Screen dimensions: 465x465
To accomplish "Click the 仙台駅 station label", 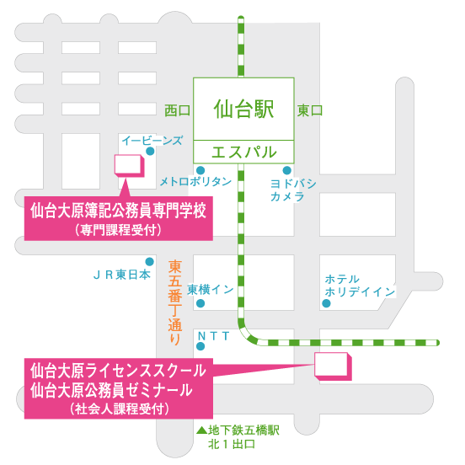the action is (243, 109).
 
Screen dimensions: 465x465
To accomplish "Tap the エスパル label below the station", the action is (243, 152).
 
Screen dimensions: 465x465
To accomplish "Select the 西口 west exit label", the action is (178, 110).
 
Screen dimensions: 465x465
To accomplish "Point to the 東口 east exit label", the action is (310, 110).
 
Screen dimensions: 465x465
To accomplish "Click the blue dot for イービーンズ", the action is (150, 152).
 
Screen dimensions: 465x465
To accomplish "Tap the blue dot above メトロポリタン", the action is (200, 170).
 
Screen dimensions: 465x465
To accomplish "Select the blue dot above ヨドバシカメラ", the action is (286, 170).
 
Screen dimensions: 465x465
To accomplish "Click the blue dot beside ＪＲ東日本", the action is (149, 261).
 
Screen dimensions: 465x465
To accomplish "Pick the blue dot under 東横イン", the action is (200, 303).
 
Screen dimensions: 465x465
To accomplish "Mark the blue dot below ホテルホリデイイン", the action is (326, 303).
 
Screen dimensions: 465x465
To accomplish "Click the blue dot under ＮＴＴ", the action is (200, 346).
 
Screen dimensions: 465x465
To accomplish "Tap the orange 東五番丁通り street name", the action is (175, 302).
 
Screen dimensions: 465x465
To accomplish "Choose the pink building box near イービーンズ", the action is (130, 165).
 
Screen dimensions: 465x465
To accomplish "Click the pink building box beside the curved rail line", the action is (333, 366).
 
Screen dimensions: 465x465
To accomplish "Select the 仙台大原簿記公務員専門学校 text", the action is (118, 211).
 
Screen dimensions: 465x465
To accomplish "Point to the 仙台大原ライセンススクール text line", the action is (118, 371).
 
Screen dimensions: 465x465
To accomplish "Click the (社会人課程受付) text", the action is (120, 409).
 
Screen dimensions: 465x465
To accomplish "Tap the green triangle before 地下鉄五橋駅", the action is (201, 430).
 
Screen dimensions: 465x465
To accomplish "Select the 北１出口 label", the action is (232, 444).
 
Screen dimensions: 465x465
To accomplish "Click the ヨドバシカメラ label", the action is (293, 190).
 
